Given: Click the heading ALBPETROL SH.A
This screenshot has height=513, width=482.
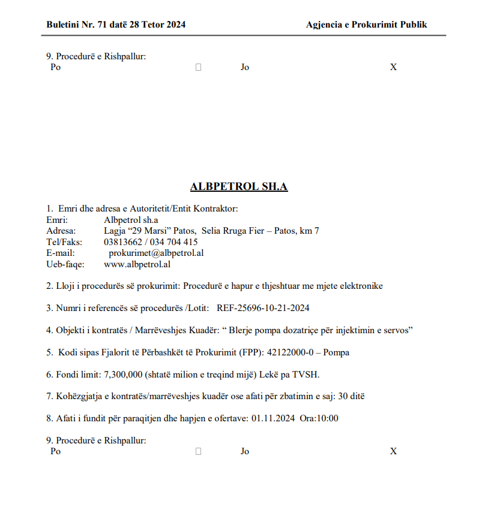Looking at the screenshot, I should coord(239,186).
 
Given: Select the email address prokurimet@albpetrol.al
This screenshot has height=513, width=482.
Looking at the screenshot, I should coord(156,253).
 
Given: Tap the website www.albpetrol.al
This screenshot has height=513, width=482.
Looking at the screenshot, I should coord(137,264).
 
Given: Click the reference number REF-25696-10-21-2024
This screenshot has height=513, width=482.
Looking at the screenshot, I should coord(263,308).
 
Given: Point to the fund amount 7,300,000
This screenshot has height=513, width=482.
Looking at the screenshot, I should coord(123,375).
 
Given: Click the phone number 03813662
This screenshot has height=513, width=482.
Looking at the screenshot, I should coord(122,242).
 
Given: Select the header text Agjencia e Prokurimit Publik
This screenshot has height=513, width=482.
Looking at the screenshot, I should coord(366,25).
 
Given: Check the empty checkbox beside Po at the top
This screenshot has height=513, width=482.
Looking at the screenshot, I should coord(198,67).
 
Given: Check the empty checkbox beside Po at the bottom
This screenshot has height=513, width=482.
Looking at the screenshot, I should coord(198,451).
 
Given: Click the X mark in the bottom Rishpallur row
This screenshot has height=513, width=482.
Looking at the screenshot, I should coord(393,451).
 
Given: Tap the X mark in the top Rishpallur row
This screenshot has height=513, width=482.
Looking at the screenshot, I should coord(393,67).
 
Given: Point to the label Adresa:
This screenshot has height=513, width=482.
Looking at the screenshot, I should coord(61,231).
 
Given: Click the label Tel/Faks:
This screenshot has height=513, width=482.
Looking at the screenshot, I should coord(64,242).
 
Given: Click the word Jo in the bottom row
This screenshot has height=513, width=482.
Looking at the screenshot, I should coord(245,451).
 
